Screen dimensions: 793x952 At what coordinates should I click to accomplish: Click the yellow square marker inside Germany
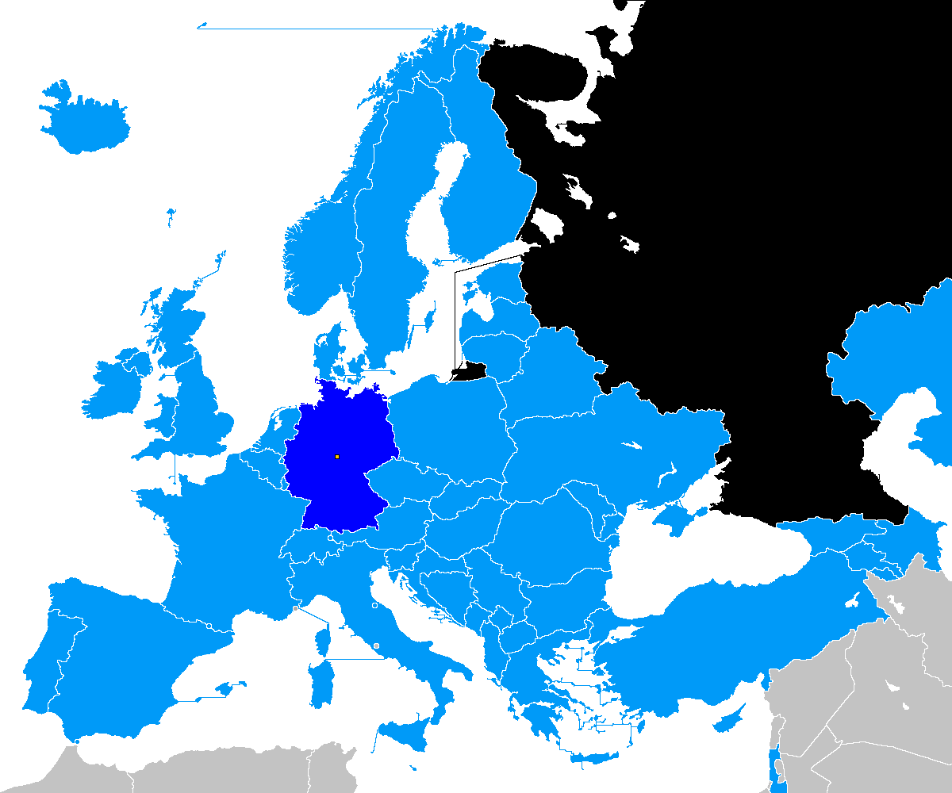[337, 457]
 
